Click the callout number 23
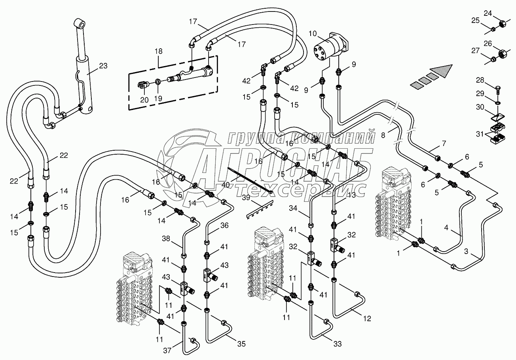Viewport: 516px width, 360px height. click(103, 66)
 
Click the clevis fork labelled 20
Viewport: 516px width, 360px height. click(144, 84)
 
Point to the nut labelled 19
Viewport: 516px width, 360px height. click(157, 82)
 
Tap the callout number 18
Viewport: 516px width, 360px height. click(159, 52)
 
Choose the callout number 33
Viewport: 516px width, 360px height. click(338, 344)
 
